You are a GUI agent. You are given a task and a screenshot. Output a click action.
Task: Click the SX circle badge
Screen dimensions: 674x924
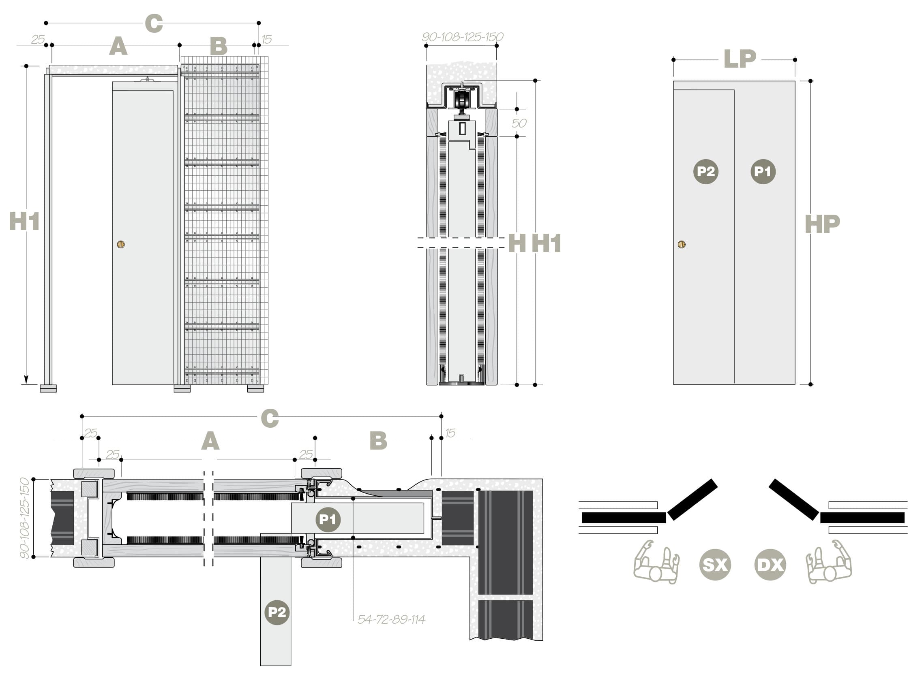tap(714, 565)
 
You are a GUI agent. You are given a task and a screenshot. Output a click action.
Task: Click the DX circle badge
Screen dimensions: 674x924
tap(770, 565)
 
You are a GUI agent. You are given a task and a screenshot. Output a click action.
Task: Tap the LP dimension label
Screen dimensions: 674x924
tap(740, 59)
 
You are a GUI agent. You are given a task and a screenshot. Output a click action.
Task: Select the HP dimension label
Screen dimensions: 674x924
tap(822, 224)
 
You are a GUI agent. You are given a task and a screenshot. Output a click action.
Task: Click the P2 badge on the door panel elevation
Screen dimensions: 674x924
tap(705, 172)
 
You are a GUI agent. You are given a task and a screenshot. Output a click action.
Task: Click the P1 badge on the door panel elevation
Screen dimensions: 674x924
tap(763, 172)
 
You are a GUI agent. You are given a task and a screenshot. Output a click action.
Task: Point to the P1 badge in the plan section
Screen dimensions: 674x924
tap(328, 519)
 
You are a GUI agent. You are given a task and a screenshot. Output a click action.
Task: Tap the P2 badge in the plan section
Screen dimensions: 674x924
tap(277, 612)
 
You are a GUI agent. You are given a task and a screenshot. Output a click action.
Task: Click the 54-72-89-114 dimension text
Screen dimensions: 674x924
tap(391, 620)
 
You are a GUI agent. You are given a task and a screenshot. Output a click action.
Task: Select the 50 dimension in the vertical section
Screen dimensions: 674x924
tap(519, 123)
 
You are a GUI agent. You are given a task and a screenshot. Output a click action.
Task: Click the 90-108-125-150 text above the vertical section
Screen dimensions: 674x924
tap(462, 37)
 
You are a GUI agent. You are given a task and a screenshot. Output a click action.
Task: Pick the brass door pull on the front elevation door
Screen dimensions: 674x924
tap(121, 244)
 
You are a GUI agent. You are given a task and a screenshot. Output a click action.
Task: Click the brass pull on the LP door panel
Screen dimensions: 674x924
tap(682, 244)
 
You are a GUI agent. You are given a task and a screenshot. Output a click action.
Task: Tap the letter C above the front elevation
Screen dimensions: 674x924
tap(154, 23)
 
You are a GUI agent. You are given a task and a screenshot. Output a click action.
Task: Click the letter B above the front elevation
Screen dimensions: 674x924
tap(219, 46)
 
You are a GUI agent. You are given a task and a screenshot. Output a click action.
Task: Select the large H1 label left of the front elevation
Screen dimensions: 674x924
tap(24, 222)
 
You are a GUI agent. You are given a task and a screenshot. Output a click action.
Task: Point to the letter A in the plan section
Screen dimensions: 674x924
tap(210, 441)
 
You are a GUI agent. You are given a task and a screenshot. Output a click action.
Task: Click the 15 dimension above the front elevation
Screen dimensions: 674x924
tap(267, 40)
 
